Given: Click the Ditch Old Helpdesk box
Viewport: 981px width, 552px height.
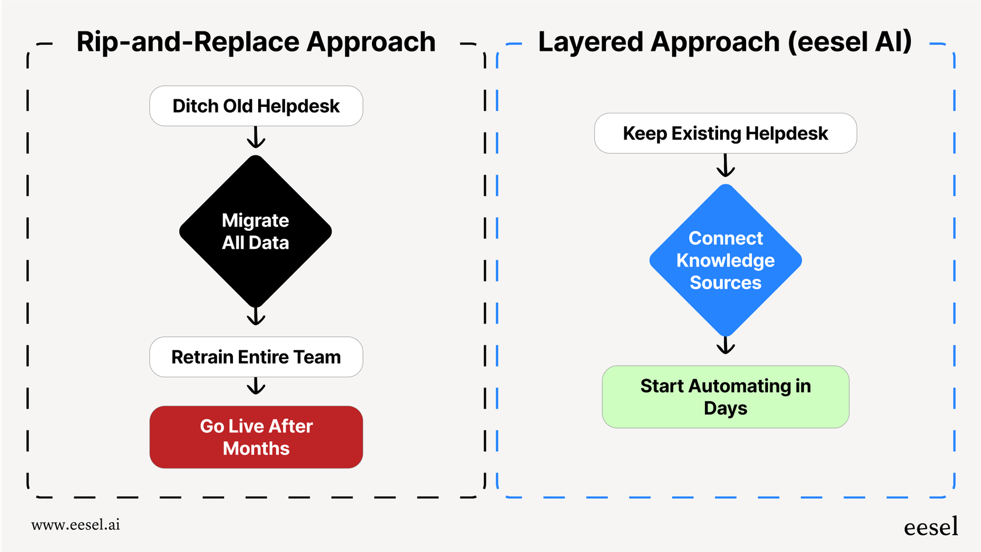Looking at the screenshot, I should click(x=256, y=106).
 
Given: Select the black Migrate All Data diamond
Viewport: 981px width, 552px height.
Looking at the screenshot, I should click(x=256, y=231).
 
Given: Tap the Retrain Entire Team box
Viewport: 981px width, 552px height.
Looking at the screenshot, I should click(x=256, y=357).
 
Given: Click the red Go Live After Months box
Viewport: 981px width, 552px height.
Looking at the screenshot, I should click(x=256, y=437).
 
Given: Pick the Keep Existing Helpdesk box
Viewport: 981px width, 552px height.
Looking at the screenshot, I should click(x=725, y=133).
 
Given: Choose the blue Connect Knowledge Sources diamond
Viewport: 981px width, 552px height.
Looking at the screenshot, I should click(x=725, y=261).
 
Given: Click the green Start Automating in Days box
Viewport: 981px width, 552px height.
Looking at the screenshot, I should click(x=725, y=397).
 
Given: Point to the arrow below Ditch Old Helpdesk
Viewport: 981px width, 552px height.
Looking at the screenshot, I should click(x=256, y=138).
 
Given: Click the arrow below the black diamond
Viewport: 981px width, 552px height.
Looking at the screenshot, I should click(x=256, y=316).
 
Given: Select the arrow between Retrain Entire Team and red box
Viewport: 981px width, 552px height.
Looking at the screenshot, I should click(x=256, y=386).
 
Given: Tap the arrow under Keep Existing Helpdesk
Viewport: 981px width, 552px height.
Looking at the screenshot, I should click(x=725, y=166).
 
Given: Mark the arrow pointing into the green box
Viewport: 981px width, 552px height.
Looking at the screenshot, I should click(x=725, y=346).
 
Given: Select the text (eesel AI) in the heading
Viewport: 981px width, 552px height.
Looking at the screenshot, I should click(x=849, y=42).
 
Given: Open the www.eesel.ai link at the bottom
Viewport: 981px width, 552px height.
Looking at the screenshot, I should click(x=76, y=525).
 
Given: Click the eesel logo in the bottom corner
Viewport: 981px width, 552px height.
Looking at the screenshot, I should click(x=931, y=527).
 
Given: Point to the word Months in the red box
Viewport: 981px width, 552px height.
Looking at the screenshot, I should click(x=256, y=449).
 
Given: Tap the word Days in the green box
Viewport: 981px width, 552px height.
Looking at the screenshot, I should click(x=725, y=408).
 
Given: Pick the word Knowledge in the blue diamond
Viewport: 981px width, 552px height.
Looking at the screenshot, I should click(x=725, y=261).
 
